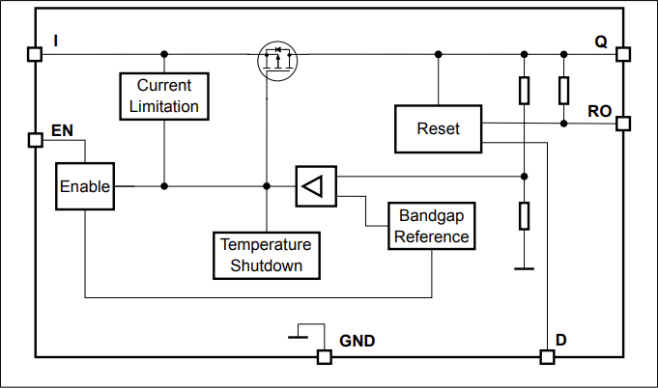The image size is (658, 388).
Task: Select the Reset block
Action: click(438, 129)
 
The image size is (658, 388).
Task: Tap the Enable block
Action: click(85, 186)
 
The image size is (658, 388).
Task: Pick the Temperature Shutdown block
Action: click(266, 255)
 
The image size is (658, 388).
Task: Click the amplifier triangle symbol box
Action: click(316, 186)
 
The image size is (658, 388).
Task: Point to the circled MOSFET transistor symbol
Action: click(277, 62)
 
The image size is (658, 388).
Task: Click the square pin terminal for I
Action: click(36, 54)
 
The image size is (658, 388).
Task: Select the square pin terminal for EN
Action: click(36, 140)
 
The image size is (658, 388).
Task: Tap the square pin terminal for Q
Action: click(623, 54)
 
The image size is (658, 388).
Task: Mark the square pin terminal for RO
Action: click(623, 124)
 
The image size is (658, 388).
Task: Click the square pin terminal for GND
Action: click(325, 357)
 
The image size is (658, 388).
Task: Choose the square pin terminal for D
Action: click(548, 357)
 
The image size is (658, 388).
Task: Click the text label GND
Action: click(357, 341)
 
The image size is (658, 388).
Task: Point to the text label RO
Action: click(599, 111)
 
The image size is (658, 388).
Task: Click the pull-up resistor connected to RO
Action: click(563, 91)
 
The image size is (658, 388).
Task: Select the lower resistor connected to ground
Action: click(524, 215)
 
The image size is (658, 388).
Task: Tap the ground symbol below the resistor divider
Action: click(524, 269)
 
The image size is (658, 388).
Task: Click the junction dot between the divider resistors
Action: click(524, 177)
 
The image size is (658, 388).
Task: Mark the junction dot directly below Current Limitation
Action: click(163, 186)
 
